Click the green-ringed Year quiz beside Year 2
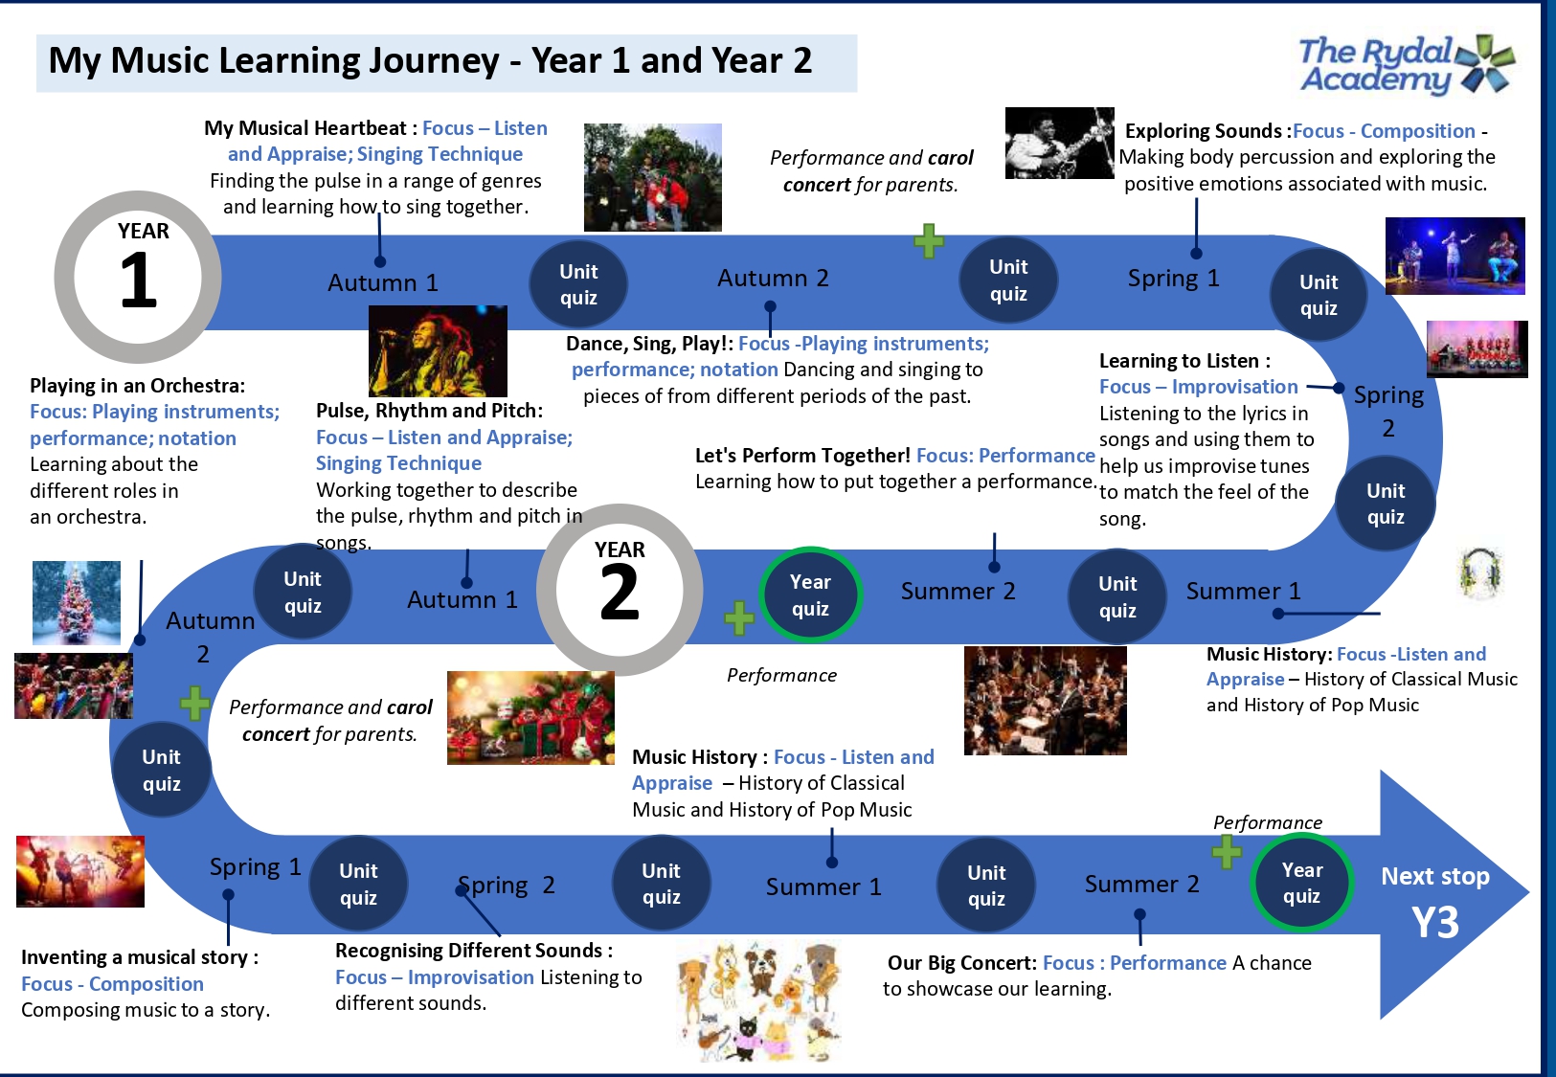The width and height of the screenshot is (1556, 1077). pyautogui.click(x=811, y=595)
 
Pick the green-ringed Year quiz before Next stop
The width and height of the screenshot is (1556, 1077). pyautogui.click(x=1301, y=883)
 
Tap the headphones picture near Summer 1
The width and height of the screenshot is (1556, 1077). pyautogui.click(x=1480, y=573)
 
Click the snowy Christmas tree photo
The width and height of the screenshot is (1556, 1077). pyautogui.click(x=77, y=603)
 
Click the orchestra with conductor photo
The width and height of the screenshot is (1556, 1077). pyautogui.click(x=1046, y=701)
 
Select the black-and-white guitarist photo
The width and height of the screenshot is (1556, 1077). pyautogui.click(x=1059, y=143)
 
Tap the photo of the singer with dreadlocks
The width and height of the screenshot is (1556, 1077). pyautogui.click(x=438, y=351)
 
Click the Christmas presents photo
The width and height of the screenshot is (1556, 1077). pyautogui.click(x=530, y=718)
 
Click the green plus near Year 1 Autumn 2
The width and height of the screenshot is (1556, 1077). pyautogui.click(x=929, y=241)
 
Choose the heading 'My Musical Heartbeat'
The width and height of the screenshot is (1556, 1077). pyautogui.click(x=304, y=128)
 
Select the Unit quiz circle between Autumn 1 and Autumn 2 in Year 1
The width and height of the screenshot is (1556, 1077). pyautogui.click(x=578, y=284)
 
